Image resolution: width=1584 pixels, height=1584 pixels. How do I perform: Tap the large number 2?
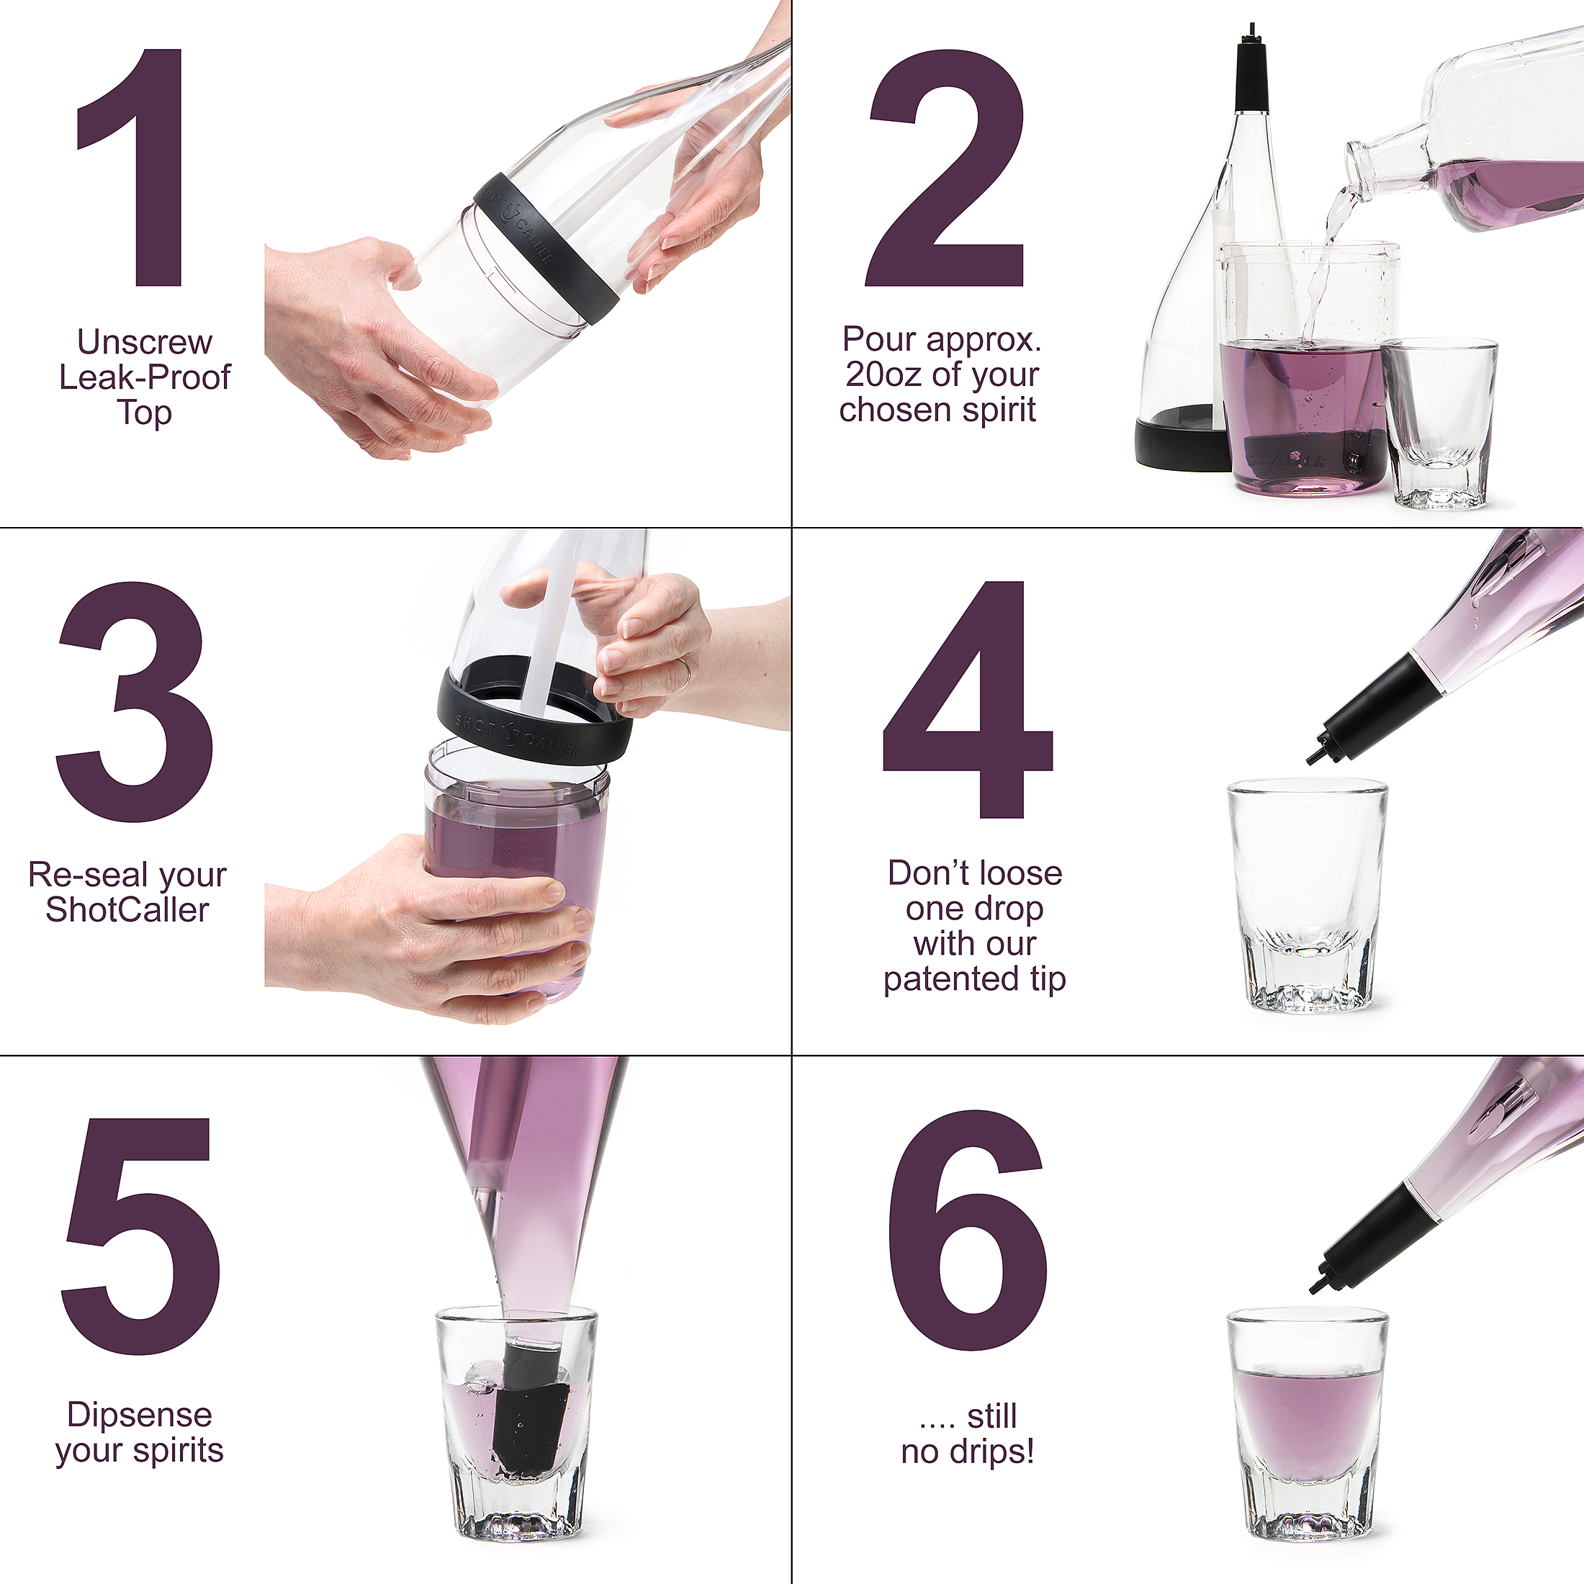coord(946,167)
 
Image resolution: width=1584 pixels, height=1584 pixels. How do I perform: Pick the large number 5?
coord(140,1236)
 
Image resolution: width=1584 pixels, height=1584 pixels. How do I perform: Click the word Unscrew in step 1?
coord(144,342)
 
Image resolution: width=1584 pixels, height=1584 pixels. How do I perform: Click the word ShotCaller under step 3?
coord(127,910)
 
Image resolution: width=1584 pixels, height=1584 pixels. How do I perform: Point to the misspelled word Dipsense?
coord(140,1415)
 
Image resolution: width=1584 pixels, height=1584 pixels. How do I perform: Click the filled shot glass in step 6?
coord(1307,1426)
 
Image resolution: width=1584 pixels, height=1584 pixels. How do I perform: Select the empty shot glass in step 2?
coord(1440,423)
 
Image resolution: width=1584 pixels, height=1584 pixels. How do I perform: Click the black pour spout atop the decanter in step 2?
coord(1252,69)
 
